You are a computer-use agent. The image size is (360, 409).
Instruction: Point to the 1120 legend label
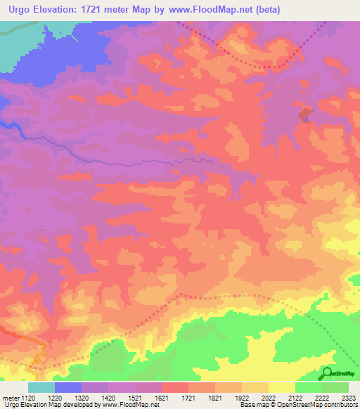(30, 398)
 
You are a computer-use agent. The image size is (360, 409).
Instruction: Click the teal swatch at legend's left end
(41, 387)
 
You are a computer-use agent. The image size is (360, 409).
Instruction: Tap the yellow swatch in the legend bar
(282, 387)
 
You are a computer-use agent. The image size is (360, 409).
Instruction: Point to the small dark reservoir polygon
(305, 115)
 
